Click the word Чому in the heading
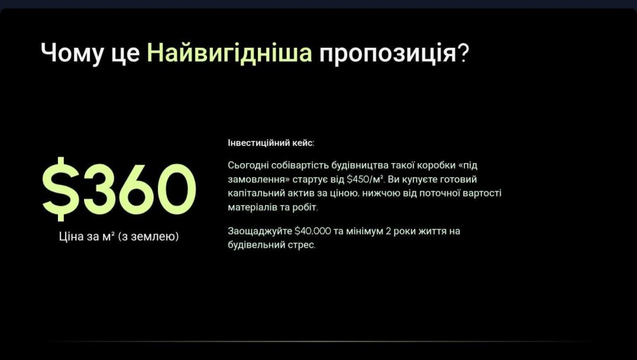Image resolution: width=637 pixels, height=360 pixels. pos(71,54)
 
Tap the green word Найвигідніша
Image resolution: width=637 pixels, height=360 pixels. pos(229,53)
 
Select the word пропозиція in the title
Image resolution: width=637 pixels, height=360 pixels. pos(387,54)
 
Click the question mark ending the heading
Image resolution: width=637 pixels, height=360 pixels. pos(464,53)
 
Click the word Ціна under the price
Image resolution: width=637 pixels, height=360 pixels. pos(71,236)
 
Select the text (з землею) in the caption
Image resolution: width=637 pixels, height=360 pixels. pos(148,236)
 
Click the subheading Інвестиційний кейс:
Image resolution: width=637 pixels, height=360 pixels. pos(271,143)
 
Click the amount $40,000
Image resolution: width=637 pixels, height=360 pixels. pos(312,231)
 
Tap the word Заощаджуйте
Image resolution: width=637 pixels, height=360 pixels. pos(260,231)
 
